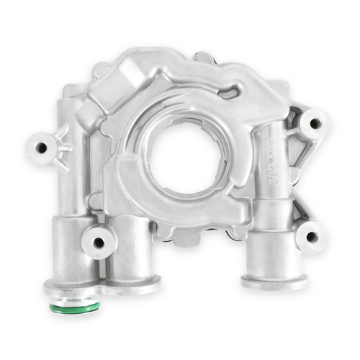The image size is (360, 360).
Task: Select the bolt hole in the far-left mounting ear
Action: point(42,148)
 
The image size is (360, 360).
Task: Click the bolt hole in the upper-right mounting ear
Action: point(315,123)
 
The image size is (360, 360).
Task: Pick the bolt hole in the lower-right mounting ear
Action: point(311,236)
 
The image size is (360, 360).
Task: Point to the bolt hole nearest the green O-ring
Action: point(97,242)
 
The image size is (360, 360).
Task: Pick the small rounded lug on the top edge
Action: point(204,57)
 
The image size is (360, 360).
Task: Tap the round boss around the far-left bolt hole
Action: point(41,148)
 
